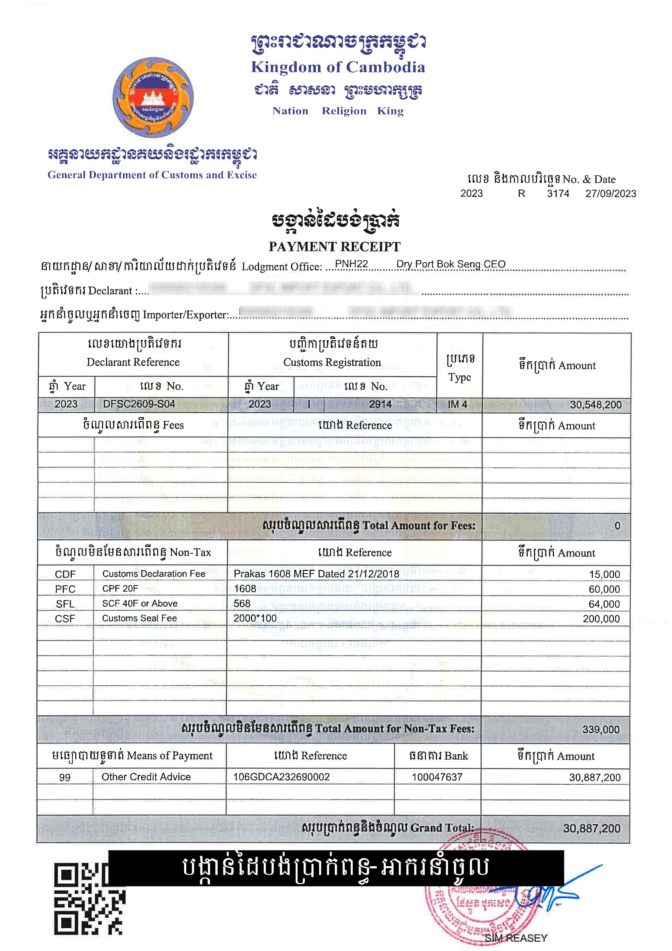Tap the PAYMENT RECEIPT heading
pyautogui.click(x=334, y=247)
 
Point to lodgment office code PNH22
pyautogui.click(x=351, y=264)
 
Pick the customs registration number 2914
pyautogui.click(x=380, y=404)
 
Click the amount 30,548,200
pyautogui.click(x=595, y=405)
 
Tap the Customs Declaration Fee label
pyautogui.click(x=154, y=574)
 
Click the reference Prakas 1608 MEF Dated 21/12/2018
pyautogui.click(x=316, y=574)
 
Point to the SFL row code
pyautogui.click(x=65, y=604)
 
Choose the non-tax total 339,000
pyautogui.click(x=601, y=729)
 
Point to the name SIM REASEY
pyautogui.click(x=516, y=938)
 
